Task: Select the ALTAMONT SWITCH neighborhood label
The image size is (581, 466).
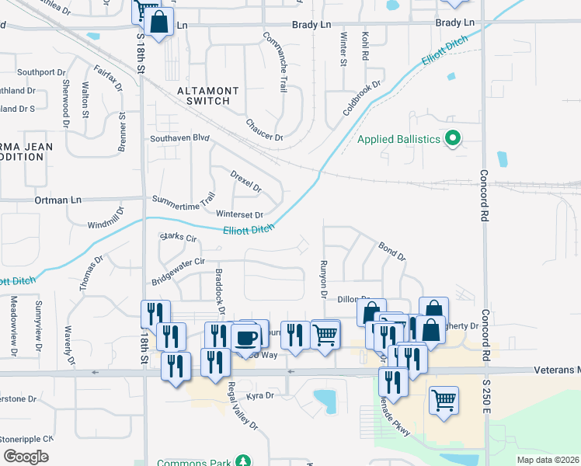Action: (204, 96)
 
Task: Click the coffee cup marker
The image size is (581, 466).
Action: (246, 339)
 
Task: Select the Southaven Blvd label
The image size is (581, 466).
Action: (180, 138)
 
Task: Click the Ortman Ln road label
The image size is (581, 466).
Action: (58, 200)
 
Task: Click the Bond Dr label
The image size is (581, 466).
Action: (391, 252)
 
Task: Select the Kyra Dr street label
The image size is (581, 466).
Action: (261, 396)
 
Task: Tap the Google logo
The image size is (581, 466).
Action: (26, 457)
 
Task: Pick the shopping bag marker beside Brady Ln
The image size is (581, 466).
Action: (158, 24)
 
